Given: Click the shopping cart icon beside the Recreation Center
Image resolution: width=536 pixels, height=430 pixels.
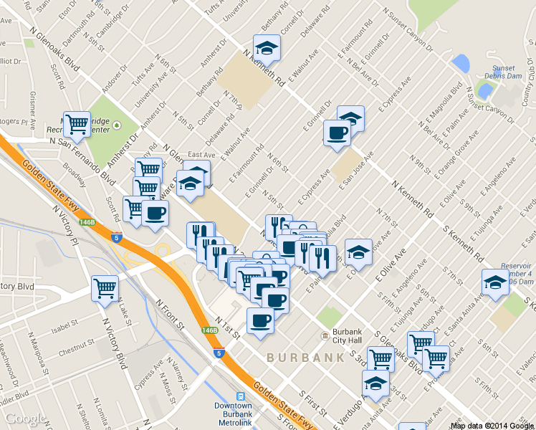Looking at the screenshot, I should (77, 123).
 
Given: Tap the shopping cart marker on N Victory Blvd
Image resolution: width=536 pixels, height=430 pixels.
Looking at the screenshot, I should (105, 288).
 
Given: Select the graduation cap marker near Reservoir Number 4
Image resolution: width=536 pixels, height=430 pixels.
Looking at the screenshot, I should (494, 282).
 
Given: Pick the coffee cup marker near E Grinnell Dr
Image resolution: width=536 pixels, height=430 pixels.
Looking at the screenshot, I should (337, 133).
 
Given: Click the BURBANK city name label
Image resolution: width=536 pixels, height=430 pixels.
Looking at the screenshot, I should (300, 357).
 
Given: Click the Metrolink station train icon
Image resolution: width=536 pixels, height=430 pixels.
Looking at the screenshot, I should (241, 395).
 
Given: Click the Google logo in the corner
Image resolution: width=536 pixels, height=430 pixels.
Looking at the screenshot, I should (25, 419).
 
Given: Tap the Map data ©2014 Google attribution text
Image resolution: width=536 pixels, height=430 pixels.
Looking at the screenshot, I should (492, 425).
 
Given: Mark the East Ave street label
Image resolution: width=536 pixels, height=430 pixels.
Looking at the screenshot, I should (201, 155).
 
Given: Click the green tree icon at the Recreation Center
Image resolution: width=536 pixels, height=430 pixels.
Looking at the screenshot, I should (134, 125).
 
